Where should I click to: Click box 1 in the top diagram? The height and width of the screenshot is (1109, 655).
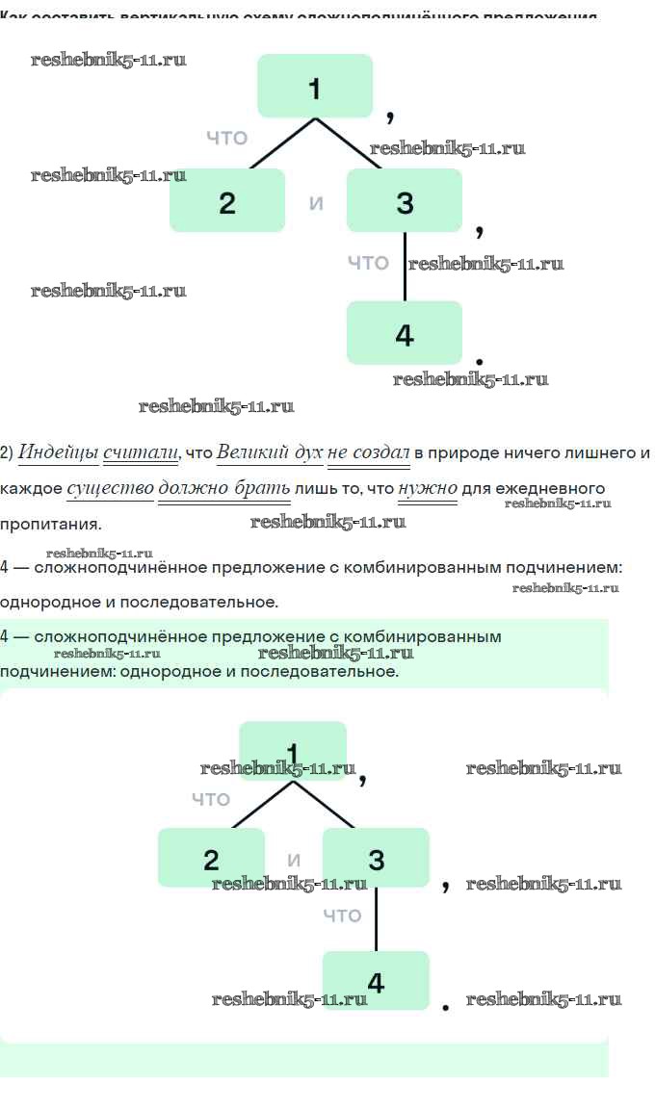(x=314, y=86)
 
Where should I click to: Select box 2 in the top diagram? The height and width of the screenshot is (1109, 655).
(x=227, y=200)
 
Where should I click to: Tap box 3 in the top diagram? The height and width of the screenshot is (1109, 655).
(x=404, y=200)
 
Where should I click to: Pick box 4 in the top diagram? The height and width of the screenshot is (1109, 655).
(x=404, y=332)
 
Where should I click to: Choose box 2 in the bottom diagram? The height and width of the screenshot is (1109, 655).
(x=211, y=858)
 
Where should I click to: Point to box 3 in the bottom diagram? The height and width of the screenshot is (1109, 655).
(x=376, y=858)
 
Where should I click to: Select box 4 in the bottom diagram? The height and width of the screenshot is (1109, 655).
(x=376, y=980)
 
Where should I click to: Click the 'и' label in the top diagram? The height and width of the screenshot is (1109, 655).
(x=316, y=203)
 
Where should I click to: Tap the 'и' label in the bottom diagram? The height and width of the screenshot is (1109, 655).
(x=294, y=861)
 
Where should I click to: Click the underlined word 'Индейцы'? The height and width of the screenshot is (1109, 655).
(x=59, y=452)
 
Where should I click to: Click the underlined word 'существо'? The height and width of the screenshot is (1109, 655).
(x=110, y=488)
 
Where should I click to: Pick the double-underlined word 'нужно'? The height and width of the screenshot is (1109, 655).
(x=428, y=488)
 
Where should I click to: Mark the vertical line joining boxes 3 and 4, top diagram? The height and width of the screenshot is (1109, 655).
(x=405, y=267)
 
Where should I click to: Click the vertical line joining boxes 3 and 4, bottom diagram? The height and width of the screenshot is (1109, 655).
(x=376, y=919)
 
